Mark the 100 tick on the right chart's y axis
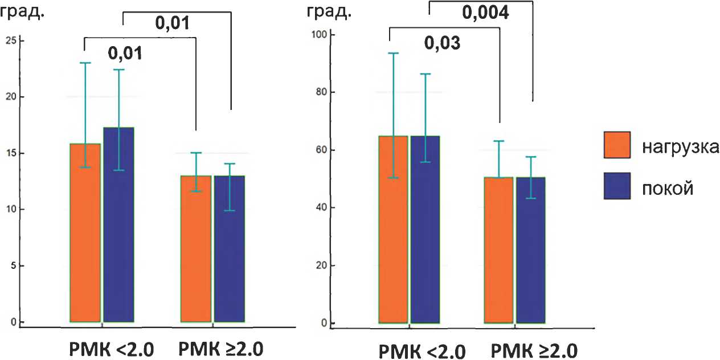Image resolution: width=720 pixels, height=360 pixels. click(322, 35)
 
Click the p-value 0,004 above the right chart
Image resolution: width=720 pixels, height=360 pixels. click(485, 13)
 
